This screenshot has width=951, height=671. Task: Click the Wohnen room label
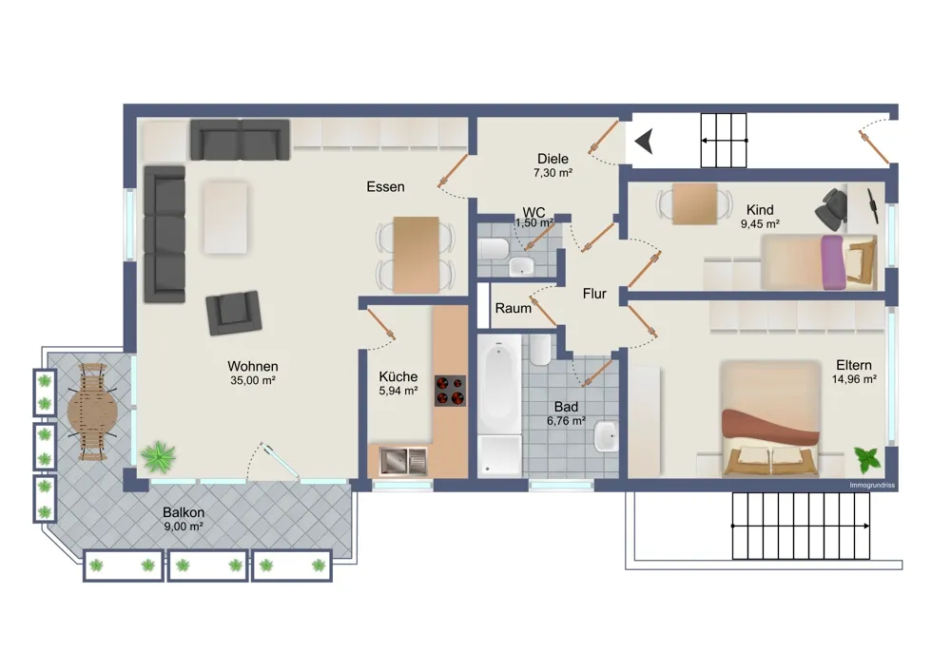(x=253, y=366)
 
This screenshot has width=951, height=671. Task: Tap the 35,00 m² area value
(x=253, y=381)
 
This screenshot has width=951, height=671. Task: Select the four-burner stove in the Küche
(x=450, y=391)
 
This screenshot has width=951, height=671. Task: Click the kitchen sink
(x=403, y=461)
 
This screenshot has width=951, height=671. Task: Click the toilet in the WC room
(x=493, y=248)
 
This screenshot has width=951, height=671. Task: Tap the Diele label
(x=553, y=159)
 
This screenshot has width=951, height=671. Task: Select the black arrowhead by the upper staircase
(x=644, y=142)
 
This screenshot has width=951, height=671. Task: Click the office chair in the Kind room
(x=830, y=208)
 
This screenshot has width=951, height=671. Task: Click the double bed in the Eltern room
(x=770, y=419)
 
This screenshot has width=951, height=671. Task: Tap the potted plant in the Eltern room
(x=866, y=460)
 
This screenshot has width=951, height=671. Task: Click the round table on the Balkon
(x=93, y=412)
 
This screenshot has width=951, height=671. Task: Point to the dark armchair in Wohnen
(x=234, y=313)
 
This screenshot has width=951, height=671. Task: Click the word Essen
(x=385, y=186)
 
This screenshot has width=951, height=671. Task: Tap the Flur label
(x=594, y=294)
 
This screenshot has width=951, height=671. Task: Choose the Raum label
(x=514, y=309)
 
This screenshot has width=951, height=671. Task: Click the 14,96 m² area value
(x=854, y=379)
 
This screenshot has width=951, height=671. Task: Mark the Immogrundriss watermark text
(x=872, y=486)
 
